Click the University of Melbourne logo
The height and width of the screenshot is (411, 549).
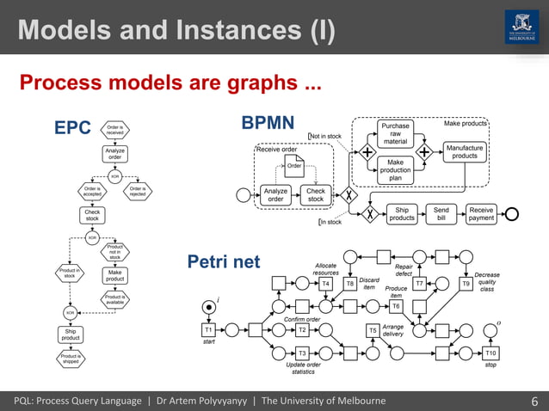(x=521, y=28)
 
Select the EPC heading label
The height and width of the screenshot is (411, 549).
(x=72, y=128)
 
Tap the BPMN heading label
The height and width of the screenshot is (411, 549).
(x=268, y=122)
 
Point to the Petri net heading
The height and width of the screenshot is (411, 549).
(x=223, y=261)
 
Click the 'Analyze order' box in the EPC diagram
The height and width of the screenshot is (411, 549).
(x=114, y=154)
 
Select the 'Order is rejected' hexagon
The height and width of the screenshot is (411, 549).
(x=137, y=191)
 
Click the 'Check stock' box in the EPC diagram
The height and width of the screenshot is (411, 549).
(x=92, y=215)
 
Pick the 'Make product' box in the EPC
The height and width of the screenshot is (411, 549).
(x=114, y=275)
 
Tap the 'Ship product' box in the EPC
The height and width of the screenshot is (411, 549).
(x=71, y=334)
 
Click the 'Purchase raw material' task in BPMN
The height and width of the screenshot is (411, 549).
(x=395, y=133)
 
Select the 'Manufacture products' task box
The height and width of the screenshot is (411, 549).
(x=465, y=151)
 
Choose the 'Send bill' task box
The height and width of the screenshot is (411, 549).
(x=441, y=213)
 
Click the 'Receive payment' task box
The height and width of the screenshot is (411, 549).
(x=481, y=213)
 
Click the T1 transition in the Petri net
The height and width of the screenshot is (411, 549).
(x=208, y=328)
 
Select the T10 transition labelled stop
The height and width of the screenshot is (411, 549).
(x=490, y=353)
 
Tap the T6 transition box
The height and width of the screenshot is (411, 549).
(x=396, y=305)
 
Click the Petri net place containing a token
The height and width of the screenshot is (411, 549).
(x=208, y=306)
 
